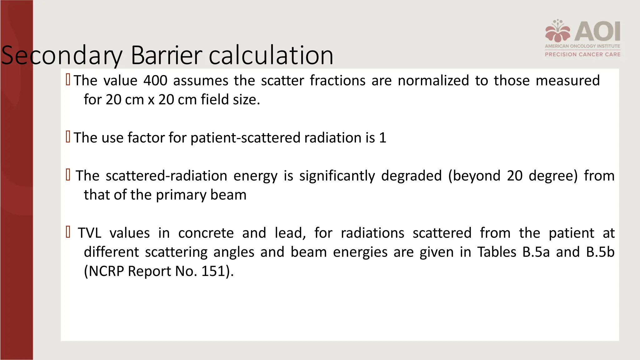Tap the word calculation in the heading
tap(271, 55)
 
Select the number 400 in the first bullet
tap(155, 81)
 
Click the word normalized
tap(433, 81)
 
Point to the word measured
tap(567, 81)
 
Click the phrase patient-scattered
tap(245, 138)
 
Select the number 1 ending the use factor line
tap(382, 138)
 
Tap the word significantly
tap(337, 176)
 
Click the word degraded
tap(411, 176)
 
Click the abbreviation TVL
tap(90, 233)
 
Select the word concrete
tap(206, 233)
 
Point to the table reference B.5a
tap(536, 252)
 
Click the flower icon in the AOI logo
tap(558, 31)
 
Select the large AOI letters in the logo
tap(597, 31)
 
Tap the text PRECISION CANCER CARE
tap(583, 54)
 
